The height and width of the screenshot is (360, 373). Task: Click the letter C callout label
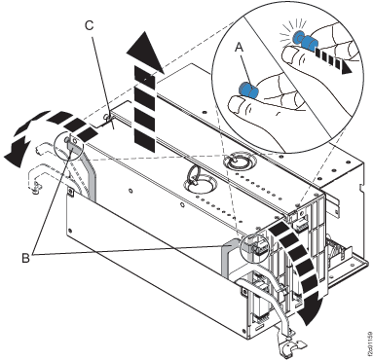click(90, 27)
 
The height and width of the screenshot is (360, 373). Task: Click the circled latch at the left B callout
click(70, 146)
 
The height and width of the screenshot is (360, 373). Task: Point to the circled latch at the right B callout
click(255, 248)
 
